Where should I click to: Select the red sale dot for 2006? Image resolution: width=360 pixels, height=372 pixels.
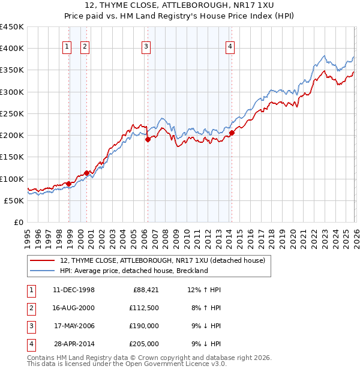click(x=148, y=140)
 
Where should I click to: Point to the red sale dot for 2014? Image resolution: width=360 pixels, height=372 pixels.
click(x=232, y=133)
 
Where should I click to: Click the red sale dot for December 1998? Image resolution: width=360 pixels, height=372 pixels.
click(x=69, y=184)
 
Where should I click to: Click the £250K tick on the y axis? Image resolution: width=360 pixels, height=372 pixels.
click(x=12, y=113)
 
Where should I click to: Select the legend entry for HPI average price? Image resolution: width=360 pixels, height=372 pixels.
click(x=133, y=271)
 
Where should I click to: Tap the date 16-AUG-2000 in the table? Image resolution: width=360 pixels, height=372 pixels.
click(x=74, y=308)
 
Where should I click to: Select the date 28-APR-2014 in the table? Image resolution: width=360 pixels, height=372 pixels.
click(x=74, y=344)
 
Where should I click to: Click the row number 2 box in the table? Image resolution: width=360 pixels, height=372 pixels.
click(x=31, y=308)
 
